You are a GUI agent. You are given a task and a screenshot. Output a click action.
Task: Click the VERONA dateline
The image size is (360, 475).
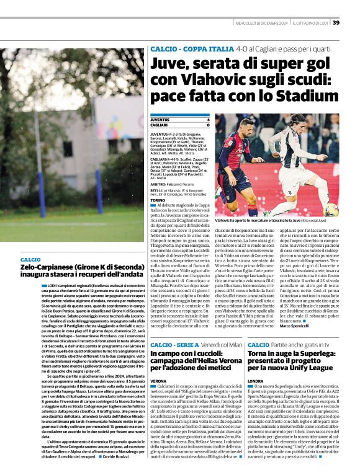pyautogui.click(x=158, y=380)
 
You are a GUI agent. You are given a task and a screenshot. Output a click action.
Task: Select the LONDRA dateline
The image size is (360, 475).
pyautogui.click(x=255, y=381)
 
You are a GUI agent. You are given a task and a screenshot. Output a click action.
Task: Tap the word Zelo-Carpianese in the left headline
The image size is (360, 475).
pyautogui.click(x=50, y=266)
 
